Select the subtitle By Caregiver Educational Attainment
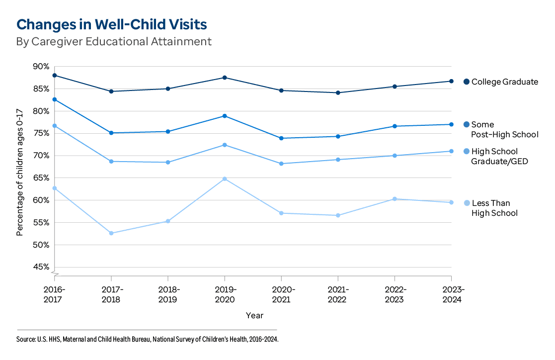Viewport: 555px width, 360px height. (114, 41)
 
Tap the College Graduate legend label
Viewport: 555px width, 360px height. (504, 82)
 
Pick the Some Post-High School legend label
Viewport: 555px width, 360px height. (497, 129)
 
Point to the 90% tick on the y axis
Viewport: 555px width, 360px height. (40, 67)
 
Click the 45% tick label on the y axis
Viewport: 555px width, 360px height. (40, 267)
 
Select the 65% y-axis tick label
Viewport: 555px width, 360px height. (40, 178)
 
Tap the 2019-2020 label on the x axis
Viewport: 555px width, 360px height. (225, 294)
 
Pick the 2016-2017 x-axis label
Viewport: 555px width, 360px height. (54, 294)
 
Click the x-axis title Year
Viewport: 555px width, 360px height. (254, 315)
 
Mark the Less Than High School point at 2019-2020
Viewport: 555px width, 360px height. (225, 179)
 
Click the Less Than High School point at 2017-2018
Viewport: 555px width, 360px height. (111, 233)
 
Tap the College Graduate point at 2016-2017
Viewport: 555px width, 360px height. (55, 76)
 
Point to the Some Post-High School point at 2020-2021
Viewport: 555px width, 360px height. (281, 138)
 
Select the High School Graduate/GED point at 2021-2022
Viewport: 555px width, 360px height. (338, 160)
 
